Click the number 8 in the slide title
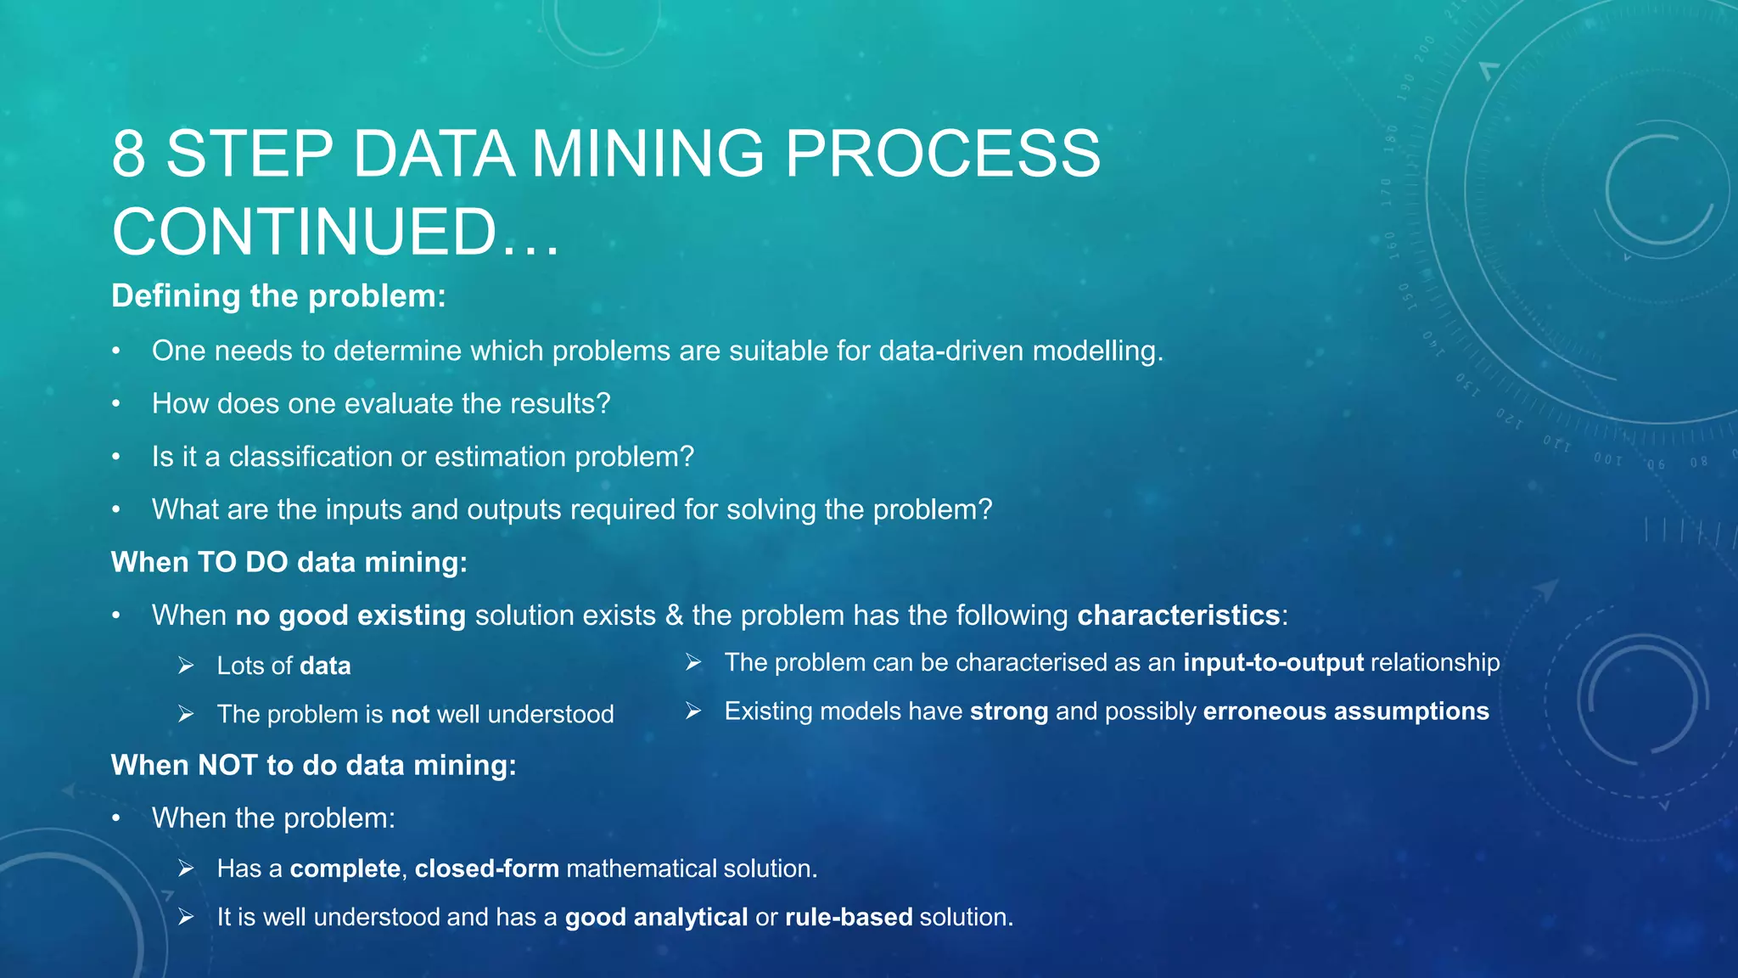pyautogui.click(x=128, y=154)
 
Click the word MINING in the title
pyautogui.click(x=648, y=154)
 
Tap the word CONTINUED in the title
pyautogui.click(x=304, y=232)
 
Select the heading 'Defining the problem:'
pyautogui.click(x=278, y=296)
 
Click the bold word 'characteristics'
pyautogui.click(x=1179, y=615)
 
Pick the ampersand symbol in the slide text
pyautogui.click(x=674, y=615)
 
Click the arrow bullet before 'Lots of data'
pyautogui.click(x=186, y=666)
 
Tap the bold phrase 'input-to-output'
pyautogui.click(x=1273, y=662)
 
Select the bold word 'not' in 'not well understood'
pyautogui.click(x=410, y=714)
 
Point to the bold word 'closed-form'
pyautogui.click(x=487, y=868)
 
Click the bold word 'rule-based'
pyautogui.click(x=849, y=917)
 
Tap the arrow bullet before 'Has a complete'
pyautogui.click(x=186, y=868)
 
